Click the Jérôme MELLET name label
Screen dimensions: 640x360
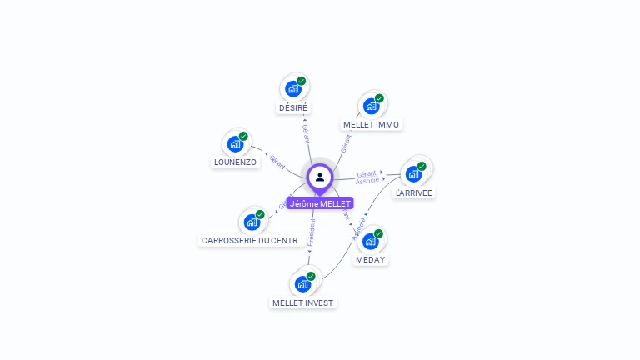pyautogui.click(x=320, y=203)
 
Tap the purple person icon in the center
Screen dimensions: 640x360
pyautogui.click(x=320, y=177)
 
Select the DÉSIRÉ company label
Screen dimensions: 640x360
pyautogui.click(x=293, y=108)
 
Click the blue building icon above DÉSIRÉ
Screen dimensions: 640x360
pyautogui.click(x=292, y=88)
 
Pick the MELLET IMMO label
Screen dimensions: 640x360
pyautogui.click(x=372, y=125)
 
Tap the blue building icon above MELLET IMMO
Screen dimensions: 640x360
pyautogui.click(x=371, y=106)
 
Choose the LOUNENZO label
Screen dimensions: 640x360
pyautogui.click(x=235, y=162)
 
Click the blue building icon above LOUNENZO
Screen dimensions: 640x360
pyautogui.click(x=235, y=143)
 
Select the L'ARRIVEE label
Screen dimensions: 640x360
pyautogui.click(x=414, y=192)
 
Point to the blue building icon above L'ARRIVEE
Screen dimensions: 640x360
pyautogui.click(x=412, y=173)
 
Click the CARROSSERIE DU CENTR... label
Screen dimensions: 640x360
pyautogui.click(x=252, y=241)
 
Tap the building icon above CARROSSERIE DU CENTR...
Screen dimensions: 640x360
pyautogui.click(x=252, y=222)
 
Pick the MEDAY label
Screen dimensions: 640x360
pyautogui.click(x=371, y=260)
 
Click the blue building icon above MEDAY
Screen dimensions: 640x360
pyautogui.click(x=370, y=241)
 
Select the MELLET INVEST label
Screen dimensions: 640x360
pyautogui.click(x=304, y=302)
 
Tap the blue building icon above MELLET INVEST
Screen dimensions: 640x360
pyautogui.click(x=302, y=283)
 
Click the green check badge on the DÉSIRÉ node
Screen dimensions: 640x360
pyautogui.click(x=302, y=81)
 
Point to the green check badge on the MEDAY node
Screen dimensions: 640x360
pyautogui.click(x=378, y=234)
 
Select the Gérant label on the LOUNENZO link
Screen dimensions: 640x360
pyautogui.click(x=277, y=162)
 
